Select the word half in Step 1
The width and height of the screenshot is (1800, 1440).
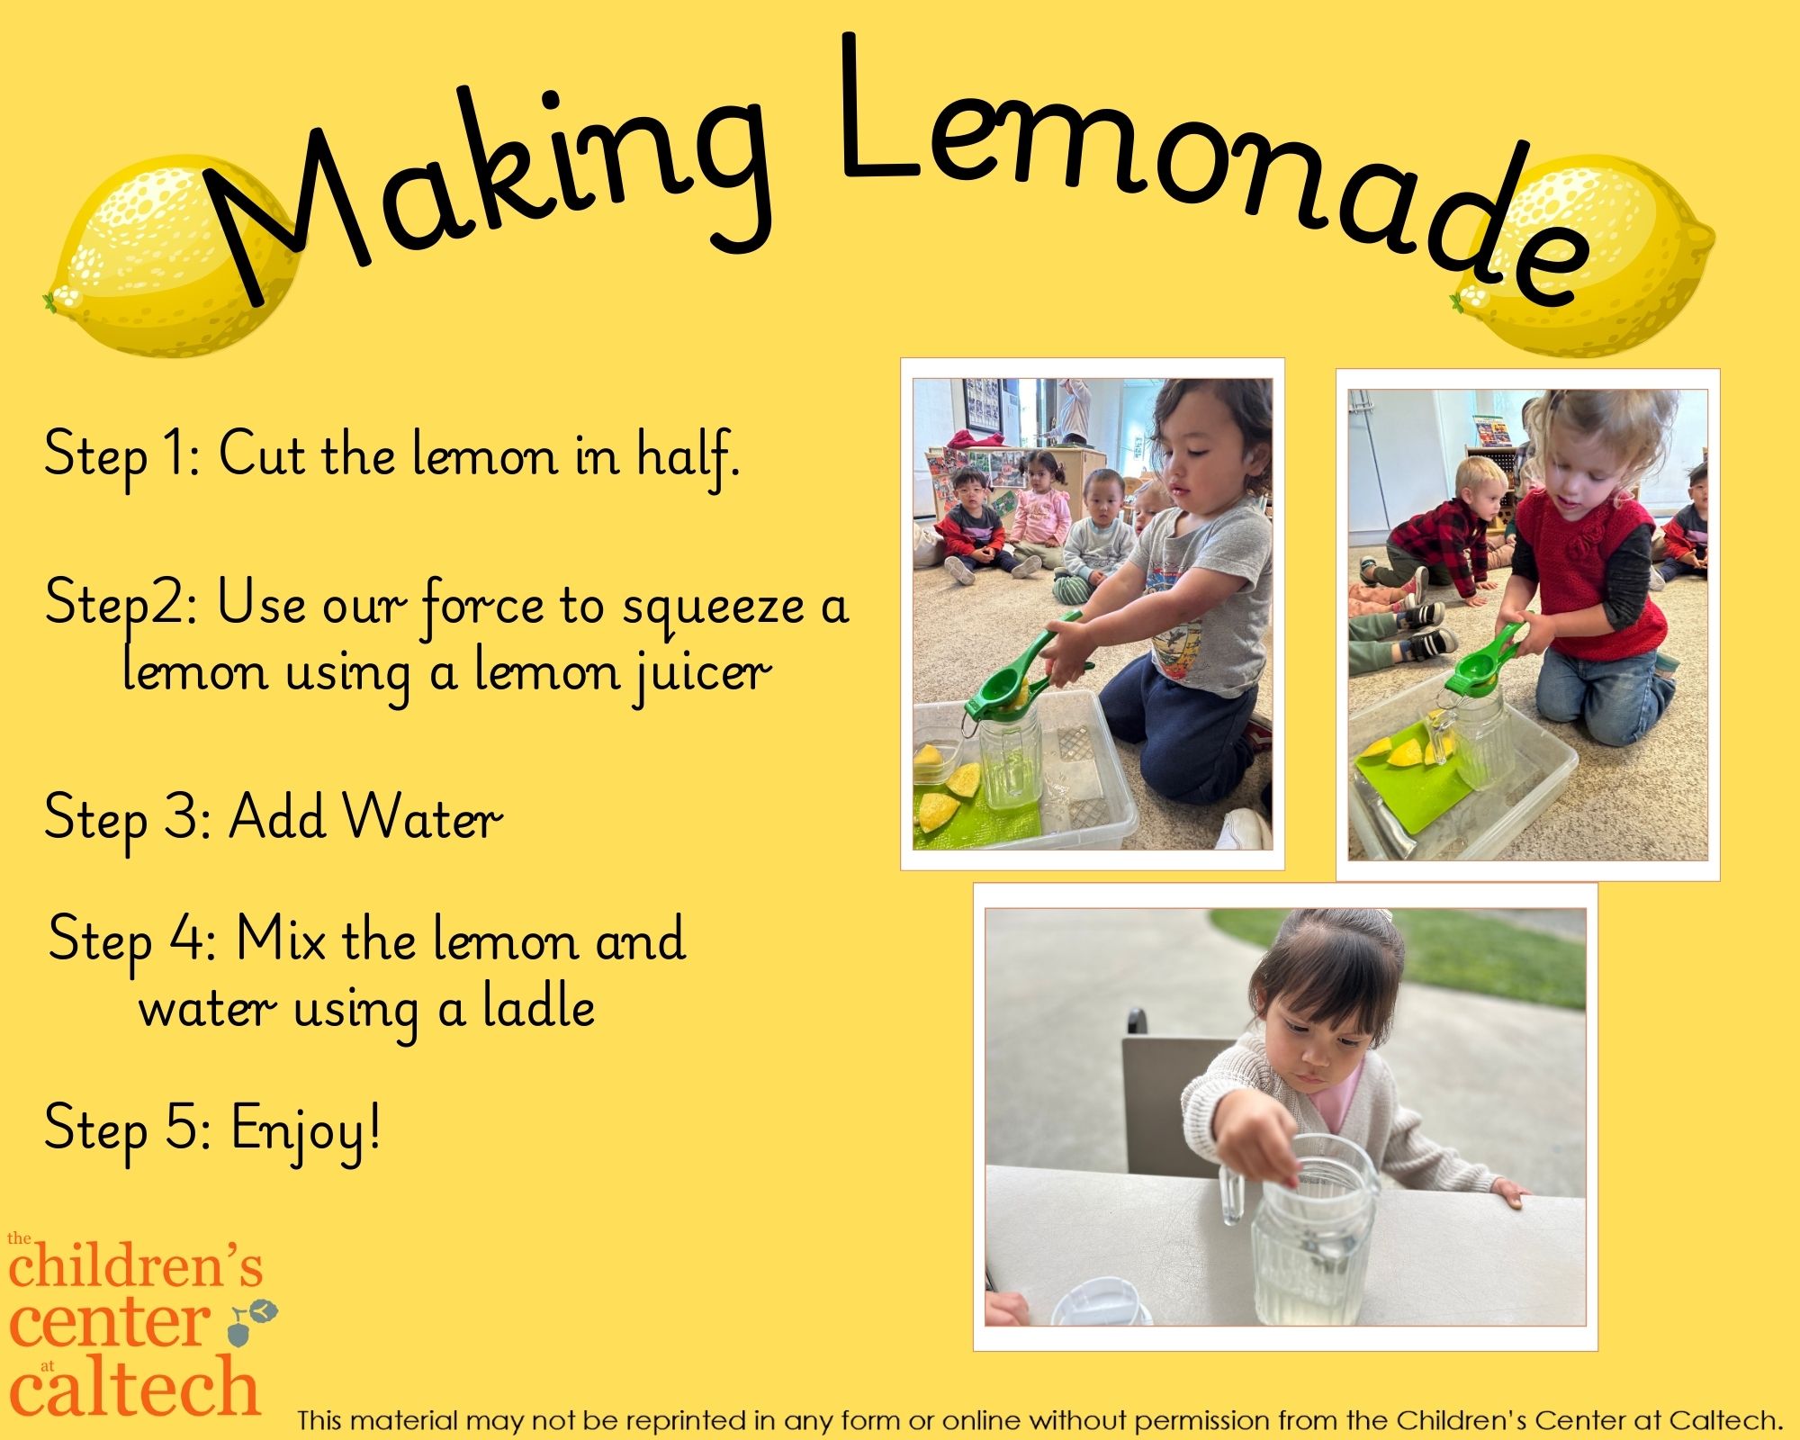click(x=688, y=454)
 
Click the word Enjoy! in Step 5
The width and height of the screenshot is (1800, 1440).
click(x=306, y=1129)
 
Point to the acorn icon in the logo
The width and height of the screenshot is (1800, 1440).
click(x=252, y=1320)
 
